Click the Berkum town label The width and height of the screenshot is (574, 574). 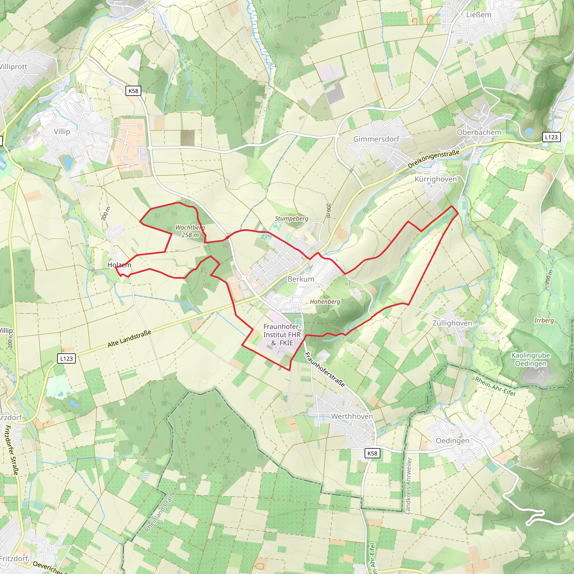(x=301, y=279)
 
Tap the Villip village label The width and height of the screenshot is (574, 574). (x=62, y=131)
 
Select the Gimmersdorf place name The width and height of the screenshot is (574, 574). (x=376, y=139)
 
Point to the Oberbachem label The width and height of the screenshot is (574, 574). (x=479, y=132)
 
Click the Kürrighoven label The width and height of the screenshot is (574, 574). (x=436, y=179)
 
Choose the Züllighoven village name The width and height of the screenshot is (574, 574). (x=452, y=323)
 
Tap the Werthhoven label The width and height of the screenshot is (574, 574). (x=352, y=416)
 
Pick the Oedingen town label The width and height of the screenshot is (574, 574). (x=452, y=441)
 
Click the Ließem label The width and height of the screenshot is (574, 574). (x=479, y=15)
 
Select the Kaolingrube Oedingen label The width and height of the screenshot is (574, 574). (x=531, y=359)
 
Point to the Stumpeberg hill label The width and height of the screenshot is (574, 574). (x=291, y=218)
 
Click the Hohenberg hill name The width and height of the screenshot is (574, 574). (x=325, y=302)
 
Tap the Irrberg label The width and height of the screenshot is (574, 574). (x=544, y=320)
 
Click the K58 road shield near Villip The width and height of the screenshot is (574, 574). (x=133, y=91)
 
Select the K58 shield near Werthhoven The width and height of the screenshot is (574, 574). (x=372, y=453)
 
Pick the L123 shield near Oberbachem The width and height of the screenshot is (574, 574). (x=551, y=137)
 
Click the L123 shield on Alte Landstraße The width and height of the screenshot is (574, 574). (x=66, y=358)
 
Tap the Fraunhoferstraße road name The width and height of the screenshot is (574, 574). (x=325, y=370)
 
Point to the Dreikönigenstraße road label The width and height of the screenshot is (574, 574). (x=434, y=159)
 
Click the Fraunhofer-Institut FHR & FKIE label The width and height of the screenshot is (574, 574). (x=282, y=335)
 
